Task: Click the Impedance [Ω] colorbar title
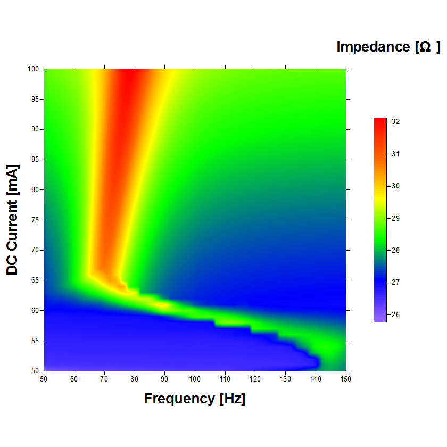(x=388, y=47)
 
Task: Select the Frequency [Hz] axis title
(x=195, y=399)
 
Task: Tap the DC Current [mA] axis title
(x=12, y=219)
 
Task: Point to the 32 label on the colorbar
(x=396, y=122)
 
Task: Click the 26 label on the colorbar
(x=396, y=314)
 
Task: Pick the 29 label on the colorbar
(x=396, y=218)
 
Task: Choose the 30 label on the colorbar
(x=396, y=186)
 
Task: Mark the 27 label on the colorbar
(x=396, y=283)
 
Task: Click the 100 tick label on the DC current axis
(x=34, y=69)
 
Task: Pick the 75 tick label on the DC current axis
(x=35, y=220)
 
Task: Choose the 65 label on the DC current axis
(x=35, y=280)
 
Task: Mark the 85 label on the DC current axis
(x=35, y=160)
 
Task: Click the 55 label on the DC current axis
(x=35, y=341)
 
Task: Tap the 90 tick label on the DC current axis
(x=35, y=129)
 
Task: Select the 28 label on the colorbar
(x=396, y=250)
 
